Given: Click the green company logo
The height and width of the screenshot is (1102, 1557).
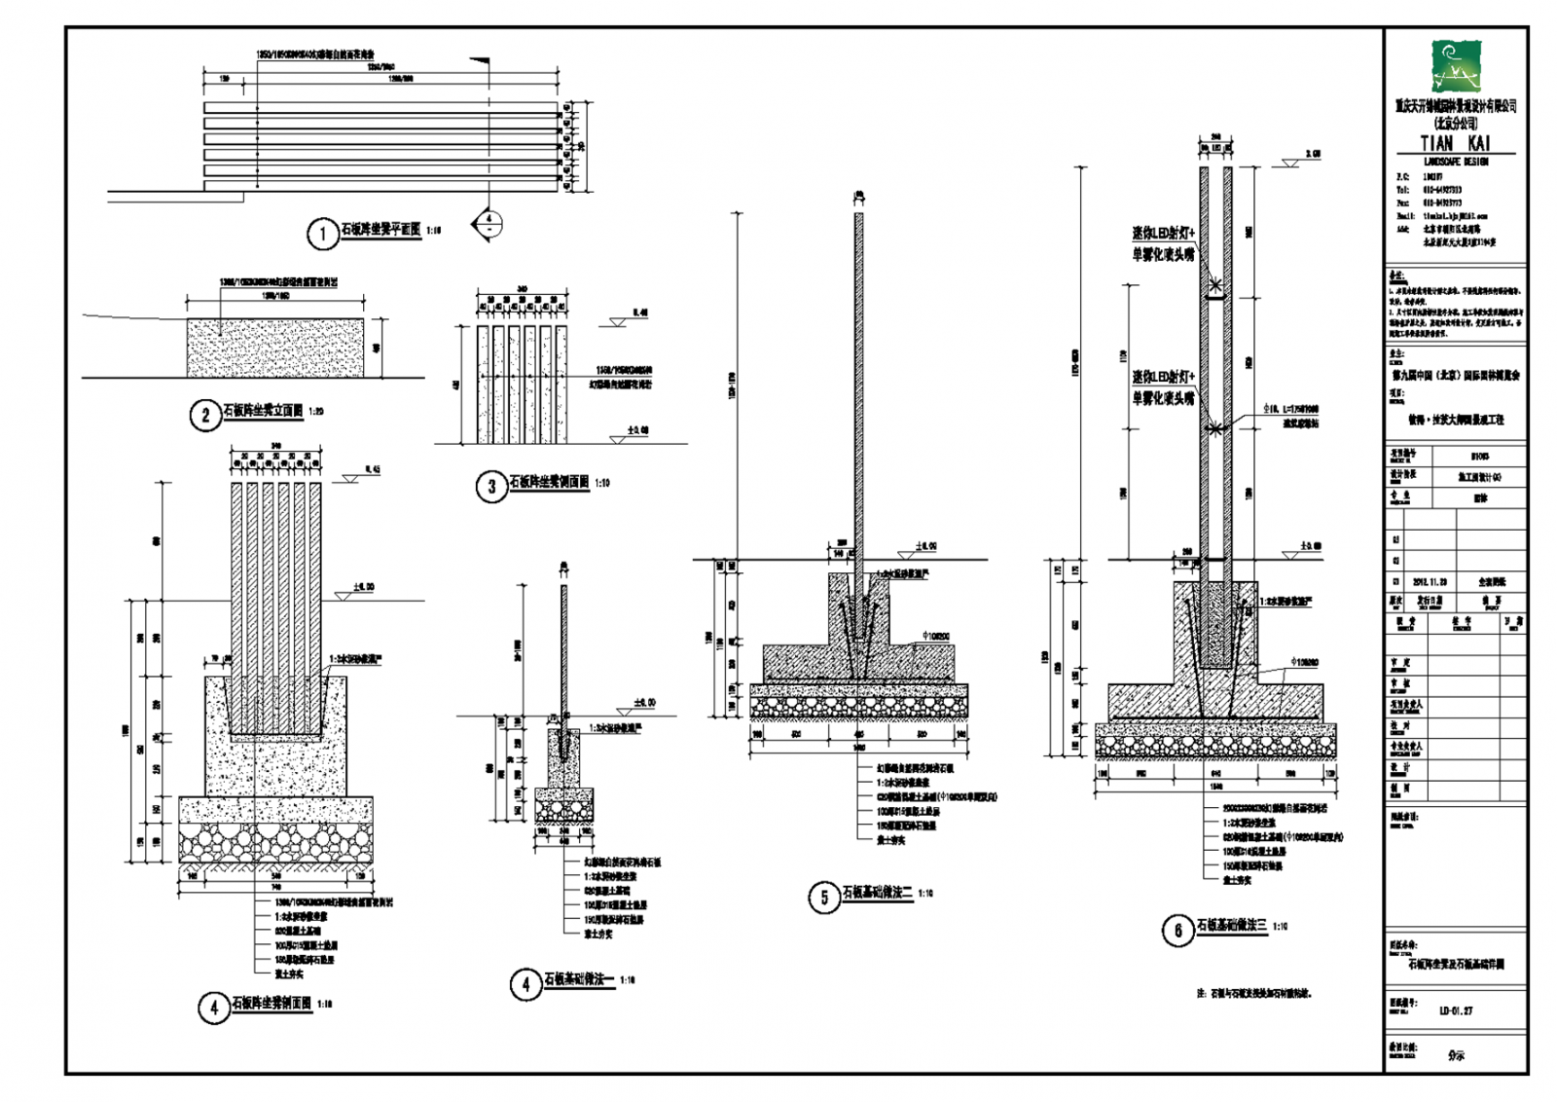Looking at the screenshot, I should (1455, 66).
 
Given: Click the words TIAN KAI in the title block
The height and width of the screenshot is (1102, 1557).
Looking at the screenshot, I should (1455, 143).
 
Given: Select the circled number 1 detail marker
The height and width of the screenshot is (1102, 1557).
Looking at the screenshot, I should (322, 234).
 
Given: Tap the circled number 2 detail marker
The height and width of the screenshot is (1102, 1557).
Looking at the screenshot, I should (204, 416).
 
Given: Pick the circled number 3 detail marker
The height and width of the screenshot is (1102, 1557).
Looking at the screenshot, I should (490, 486).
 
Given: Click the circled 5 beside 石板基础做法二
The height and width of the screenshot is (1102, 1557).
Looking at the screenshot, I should (823, 897).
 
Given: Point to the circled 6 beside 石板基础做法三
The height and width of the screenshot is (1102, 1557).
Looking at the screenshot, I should (1177, 931).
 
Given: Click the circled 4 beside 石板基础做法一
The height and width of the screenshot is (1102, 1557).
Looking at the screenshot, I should (525, 984).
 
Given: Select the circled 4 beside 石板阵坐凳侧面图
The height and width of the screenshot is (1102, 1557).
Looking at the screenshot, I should (213, 1008).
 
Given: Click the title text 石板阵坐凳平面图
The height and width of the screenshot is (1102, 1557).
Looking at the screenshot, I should (380, 230).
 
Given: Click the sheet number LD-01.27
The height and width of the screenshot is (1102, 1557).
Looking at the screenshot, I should (1455, 1010).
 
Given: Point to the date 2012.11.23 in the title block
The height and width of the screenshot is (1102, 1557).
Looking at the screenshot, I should (1430, 582).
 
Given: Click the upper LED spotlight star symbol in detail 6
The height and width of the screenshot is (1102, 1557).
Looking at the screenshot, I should (1215, 285).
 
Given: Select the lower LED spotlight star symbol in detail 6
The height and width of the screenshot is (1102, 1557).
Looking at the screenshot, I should (1214, 427).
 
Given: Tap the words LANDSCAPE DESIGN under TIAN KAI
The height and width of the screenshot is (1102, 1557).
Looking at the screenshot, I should (1455, 162).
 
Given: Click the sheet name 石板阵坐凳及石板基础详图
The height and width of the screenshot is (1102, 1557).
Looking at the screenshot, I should (1456, 965).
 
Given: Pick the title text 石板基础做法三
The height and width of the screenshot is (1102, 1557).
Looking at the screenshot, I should (1232, 926).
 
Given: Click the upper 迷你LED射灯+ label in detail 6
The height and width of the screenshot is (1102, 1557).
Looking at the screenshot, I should (1163, 234).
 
